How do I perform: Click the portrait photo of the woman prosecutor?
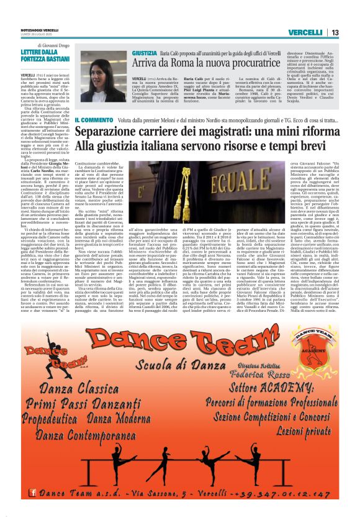104,76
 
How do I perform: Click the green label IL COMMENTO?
94,119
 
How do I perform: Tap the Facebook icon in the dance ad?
25,494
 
